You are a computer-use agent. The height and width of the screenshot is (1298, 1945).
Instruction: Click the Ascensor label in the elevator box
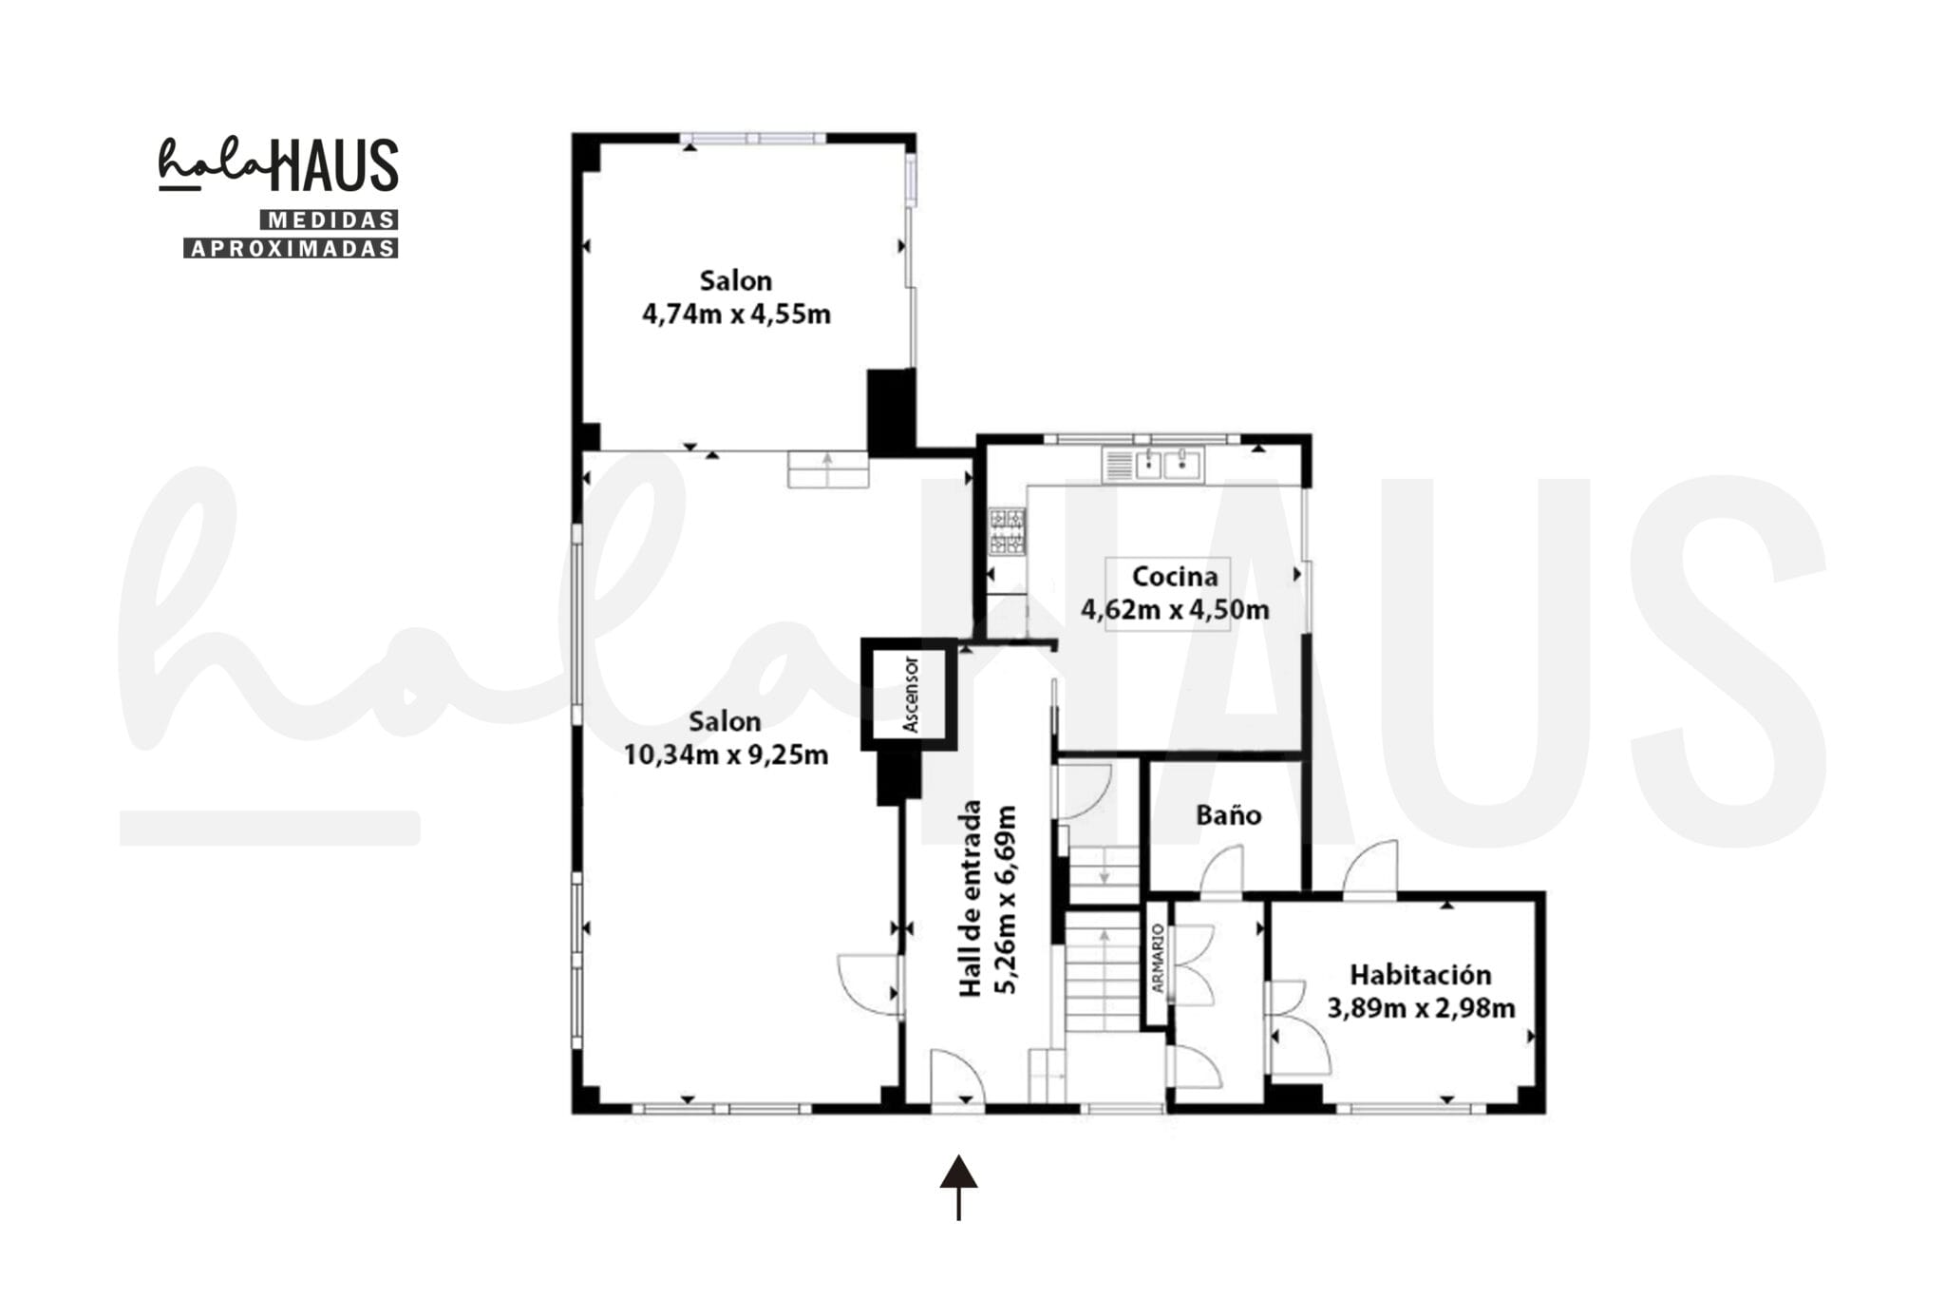pos(911,694)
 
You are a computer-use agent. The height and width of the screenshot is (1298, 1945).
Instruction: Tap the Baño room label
pos(1228,814)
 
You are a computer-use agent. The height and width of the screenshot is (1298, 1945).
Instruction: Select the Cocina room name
pos(1175,577)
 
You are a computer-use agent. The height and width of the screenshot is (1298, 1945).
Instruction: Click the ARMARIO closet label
pos(1157,959)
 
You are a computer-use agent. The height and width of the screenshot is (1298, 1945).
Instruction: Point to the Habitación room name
pos(1421,974)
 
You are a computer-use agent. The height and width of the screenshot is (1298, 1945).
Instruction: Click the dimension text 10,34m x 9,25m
pos(726,755)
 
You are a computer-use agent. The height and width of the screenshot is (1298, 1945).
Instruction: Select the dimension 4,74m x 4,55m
pos(736,315)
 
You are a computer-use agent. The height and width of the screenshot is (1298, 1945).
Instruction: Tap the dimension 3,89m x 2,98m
pos(1421,1008)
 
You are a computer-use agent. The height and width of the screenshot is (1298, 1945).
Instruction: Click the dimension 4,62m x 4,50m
pos(1175,609)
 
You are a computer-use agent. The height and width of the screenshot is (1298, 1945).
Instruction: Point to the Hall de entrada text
pos(970,899)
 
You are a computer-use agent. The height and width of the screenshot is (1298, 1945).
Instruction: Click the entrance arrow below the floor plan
pos(958,1187)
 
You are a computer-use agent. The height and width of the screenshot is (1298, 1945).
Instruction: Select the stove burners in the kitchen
pos(1007,532)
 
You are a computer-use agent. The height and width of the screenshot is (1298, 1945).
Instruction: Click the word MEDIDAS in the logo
pos(330,220)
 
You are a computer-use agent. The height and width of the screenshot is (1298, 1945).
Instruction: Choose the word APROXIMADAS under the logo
pos(291,249)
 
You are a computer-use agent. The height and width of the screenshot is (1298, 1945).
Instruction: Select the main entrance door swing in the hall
pos(957,1078)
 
